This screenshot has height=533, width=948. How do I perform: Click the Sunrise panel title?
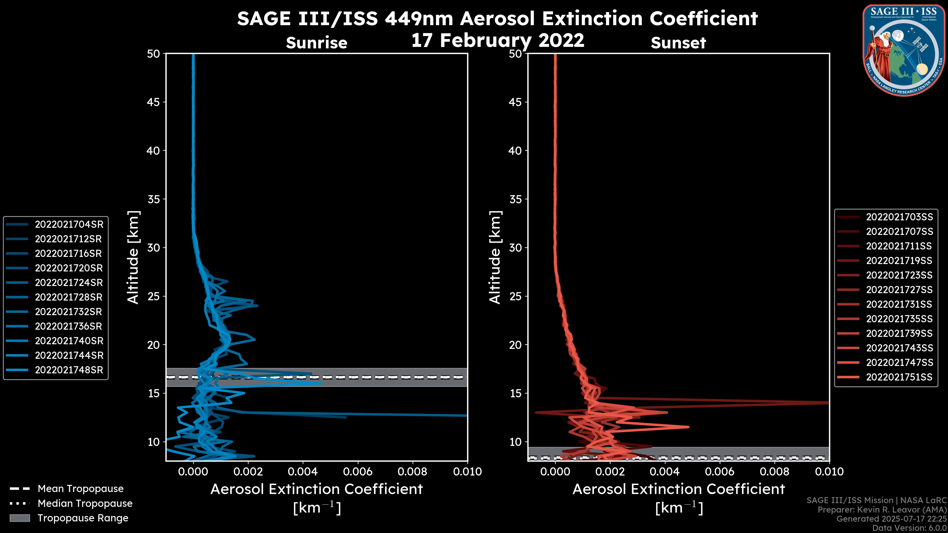pos(316,43)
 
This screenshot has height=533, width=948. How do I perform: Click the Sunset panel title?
pos(678,43)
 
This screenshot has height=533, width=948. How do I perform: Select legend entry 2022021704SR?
pos(69,224)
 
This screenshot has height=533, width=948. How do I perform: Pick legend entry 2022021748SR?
pos(69,370)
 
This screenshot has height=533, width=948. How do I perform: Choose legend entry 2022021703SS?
pos(899,217)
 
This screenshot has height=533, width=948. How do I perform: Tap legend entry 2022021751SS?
pos(899,377)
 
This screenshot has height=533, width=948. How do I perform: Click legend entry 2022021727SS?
pos(899,290)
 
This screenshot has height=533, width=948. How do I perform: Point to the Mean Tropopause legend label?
pos(80,489)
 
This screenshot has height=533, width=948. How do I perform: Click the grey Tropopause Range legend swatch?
pos(20,518)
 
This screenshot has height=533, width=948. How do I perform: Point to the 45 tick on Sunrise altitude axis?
pos(154,102)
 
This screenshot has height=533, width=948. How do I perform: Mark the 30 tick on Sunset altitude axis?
pos(515,247)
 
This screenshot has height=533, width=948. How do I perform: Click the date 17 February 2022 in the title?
pos(497,40)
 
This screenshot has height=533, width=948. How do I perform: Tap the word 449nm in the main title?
pos(419,19)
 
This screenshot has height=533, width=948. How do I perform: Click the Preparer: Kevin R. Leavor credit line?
pos(882,510)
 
